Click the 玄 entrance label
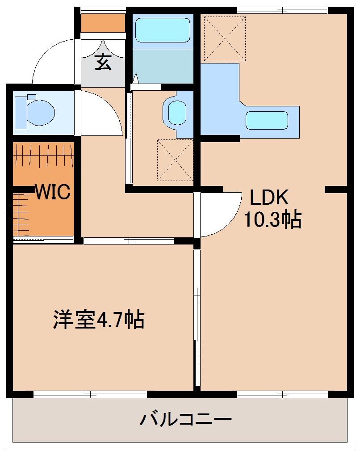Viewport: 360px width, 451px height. [x=103, y=62]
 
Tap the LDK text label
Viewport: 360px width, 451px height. [x=269, y=197]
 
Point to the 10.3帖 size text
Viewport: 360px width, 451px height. [x=272, y=219]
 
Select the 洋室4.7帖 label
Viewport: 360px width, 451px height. [x=99, y=319]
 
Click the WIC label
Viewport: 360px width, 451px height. [x=52, y=192]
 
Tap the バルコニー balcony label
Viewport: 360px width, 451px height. [x=186, y=420]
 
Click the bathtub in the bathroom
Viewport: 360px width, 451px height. [x=162, y=30]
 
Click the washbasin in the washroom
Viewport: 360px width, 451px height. [x=177, y=112]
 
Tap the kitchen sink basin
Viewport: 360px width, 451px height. [x=267, y=120]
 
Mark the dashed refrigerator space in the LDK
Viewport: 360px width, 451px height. [x=225, y=38]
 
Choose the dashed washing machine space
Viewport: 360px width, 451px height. [x=175, y=160]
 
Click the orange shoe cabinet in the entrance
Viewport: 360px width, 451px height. [x=103, y=23]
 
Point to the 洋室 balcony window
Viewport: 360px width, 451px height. [x=90, y=394]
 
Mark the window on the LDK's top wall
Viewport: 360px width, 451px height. [x=282, y=10]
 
